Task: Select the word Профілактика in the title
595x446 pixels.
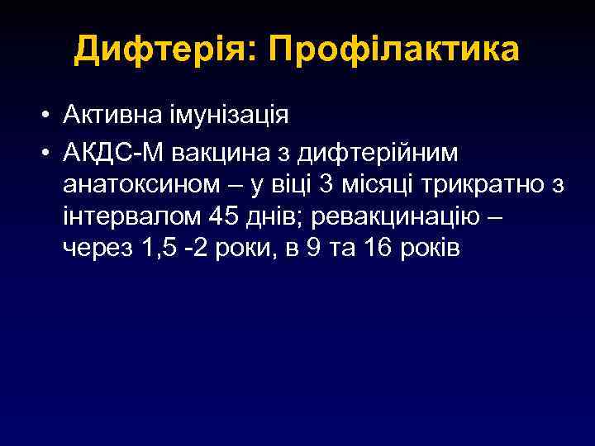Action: coord(396,51)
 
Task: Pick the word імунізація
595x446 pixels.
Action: coord(232,115)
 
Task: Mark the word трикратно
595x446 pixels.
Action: coord(483,184)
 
